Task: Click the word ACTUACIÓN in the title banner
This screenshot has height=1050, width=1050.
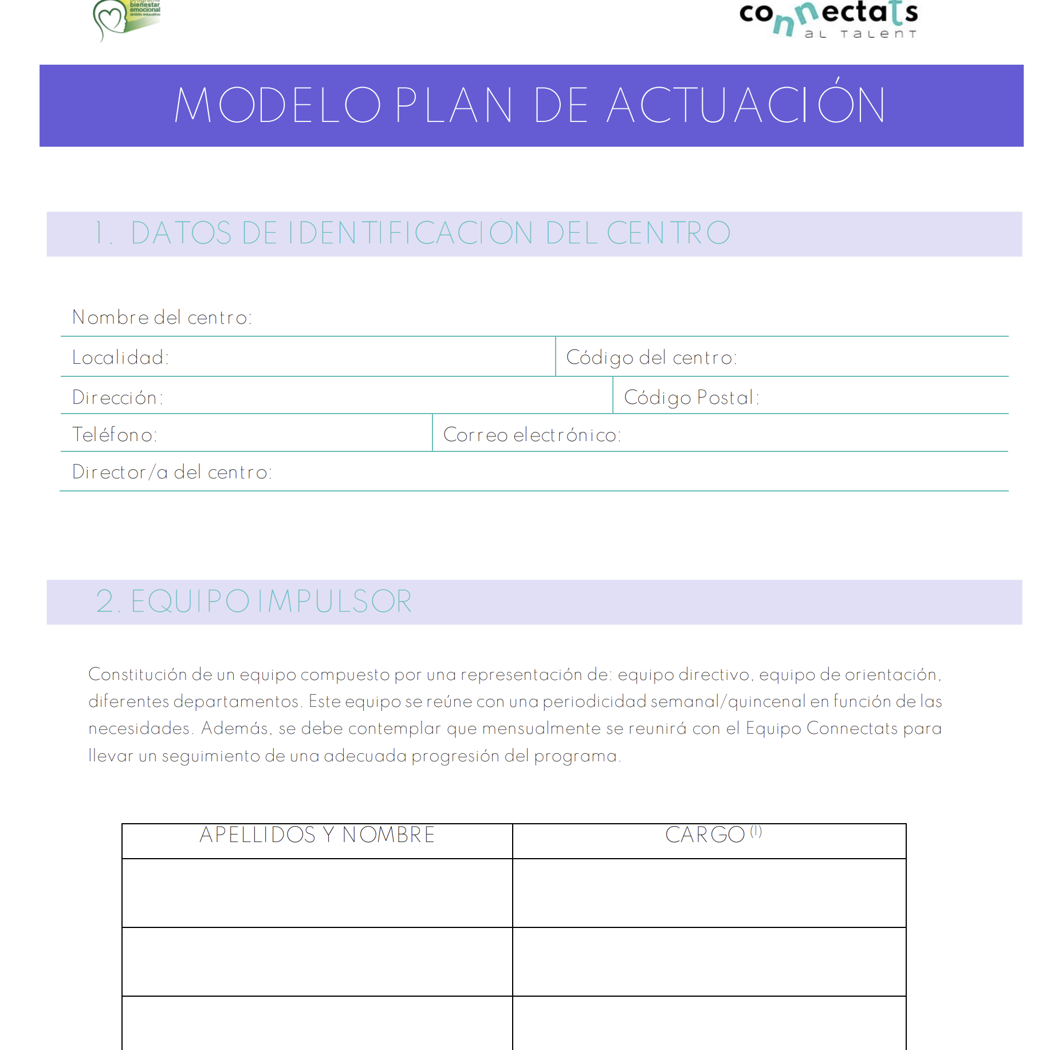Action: coord(746,105)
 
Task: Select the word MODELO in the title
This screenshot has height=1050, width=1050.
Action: coord(278,105)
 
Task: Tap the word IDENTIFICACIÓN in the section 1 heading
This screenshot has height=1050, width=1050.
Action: coord(410,233)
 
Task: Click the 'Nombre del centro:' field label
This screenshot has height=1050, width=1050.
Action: coord(162,317)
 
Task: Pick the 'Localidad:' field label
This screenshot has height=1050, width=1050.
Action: coord(120,357)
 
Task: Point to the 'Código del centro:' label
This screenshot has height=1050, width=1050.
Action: coord(651,357)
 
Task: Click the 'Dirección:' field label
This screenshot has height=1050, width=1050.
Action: coord(117,398)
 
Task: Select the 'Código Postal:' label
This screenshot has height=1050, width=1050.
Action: coord(691,398)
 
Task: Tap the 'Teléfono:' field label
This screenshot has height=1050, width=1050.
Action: coord(115,435)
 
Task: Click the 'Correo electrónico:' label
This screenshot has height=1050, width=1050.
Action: coord(532,435)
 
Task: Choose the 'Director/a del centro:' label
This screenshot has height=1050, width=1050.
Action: coord(172,472)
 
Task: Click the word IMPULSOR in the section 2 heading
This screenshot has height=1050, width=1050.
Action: coord(335,601)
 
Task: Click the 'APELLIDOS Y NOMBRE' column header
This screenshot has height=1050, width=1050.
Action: coord(317,835)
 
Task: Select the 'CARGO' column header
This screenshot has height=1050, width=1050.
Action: coord(705,835)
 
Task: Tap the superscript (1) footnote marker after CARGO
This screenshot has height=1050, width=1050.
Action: coord(756,831)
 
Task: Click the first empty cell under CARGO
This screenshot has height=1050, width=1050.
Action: coord(709,892)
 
